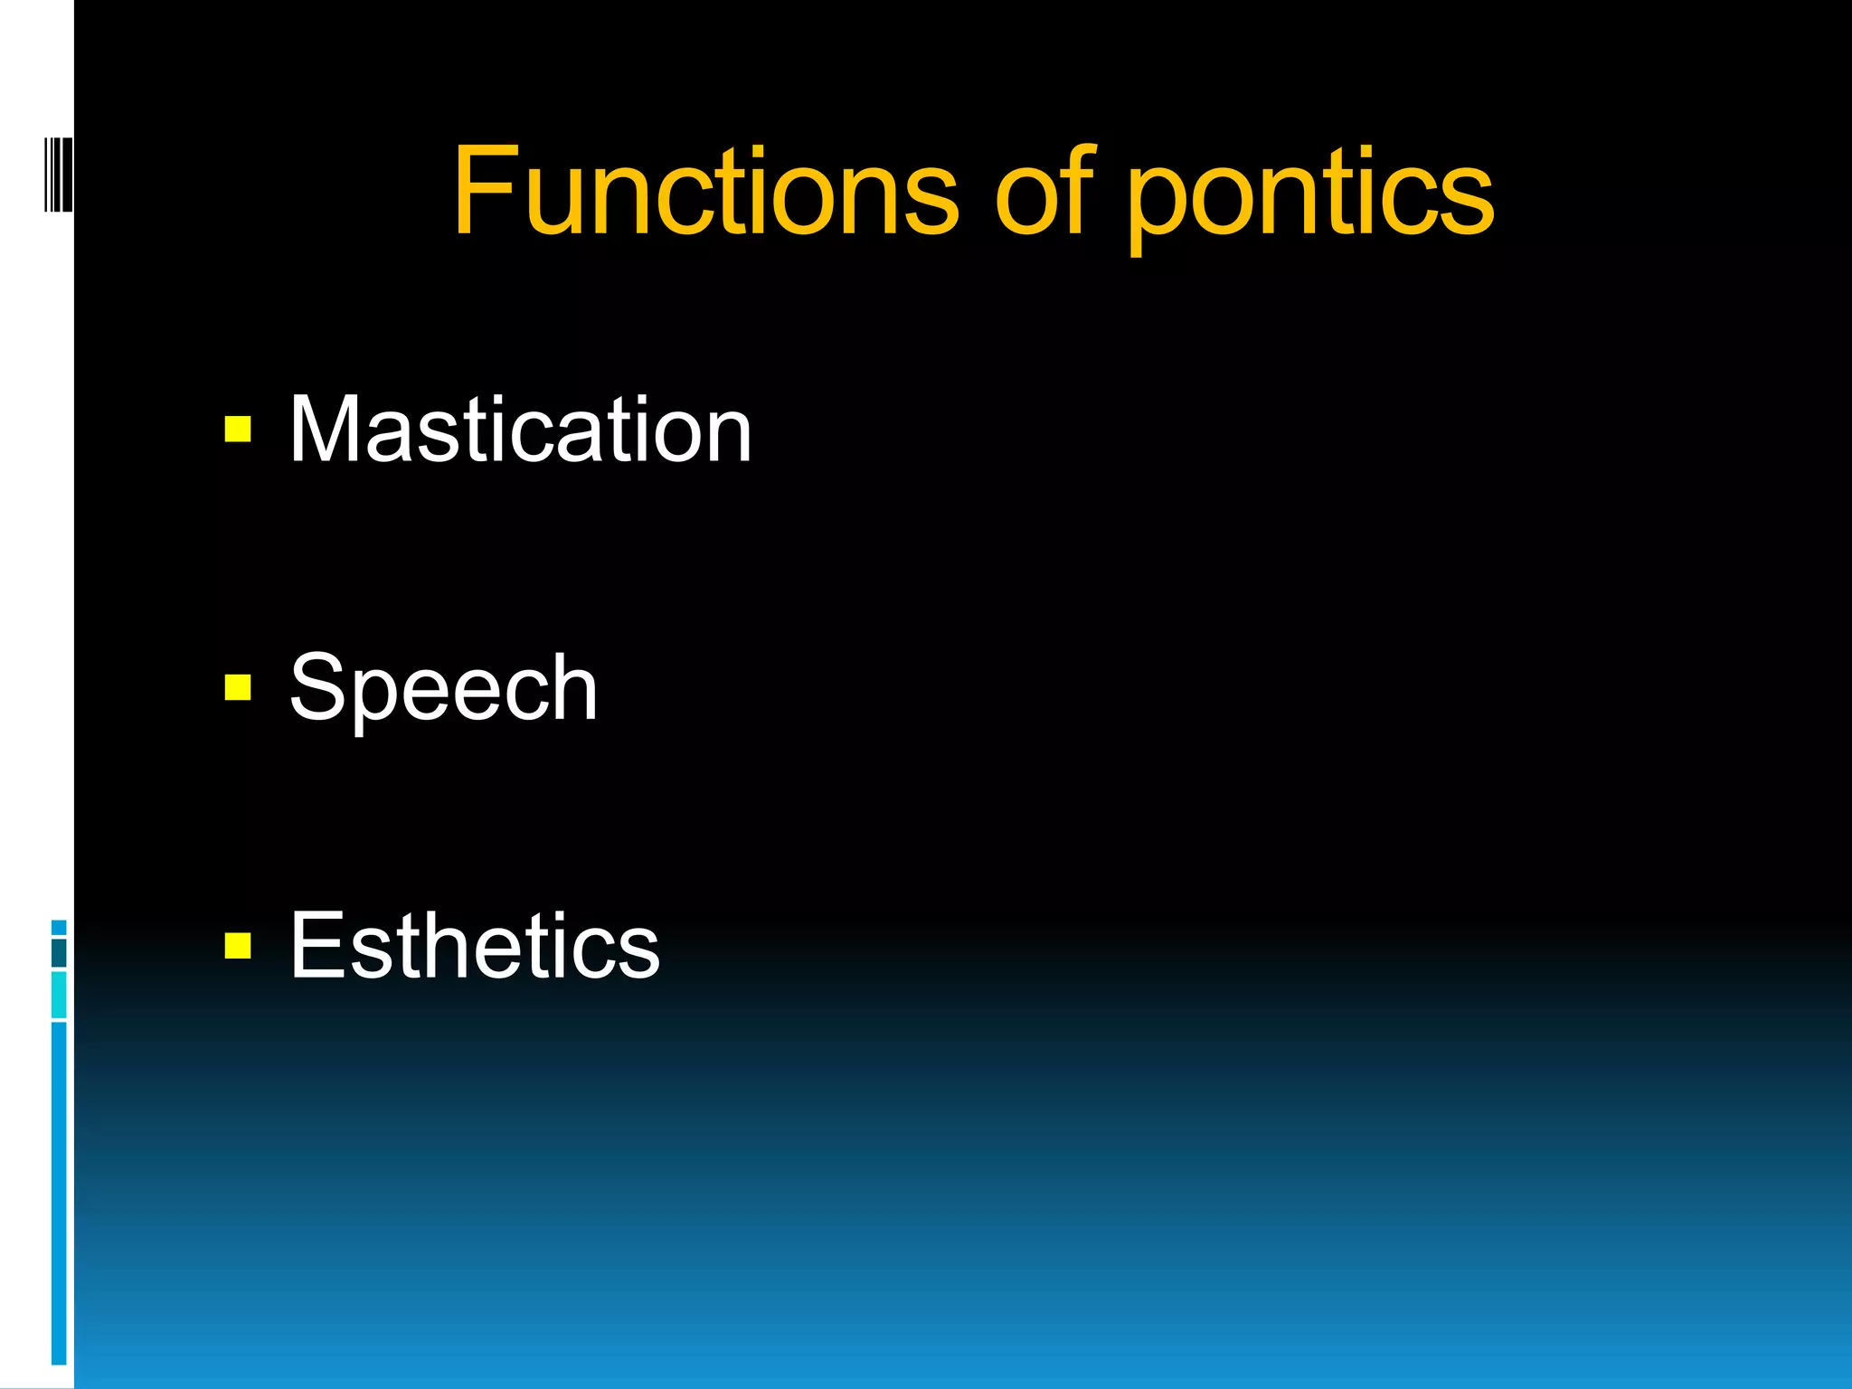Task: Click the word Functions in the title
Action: point(705,192)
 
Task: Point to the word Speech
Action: point(443,689)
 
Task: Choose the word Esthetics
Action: point(475,946)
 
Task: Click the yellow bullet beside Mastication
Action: point(238,430)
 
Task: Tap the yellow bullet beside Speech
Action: point(238,688)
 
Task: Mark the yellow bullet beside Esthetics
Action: point(238,946)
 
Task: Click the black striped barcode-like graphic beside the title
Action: point(58,175)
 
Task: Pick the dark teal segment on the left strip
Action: point(59,953)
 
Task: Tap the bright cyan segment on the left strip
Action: point(59,995)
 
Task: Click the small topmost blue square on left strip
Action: point(59,928)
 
